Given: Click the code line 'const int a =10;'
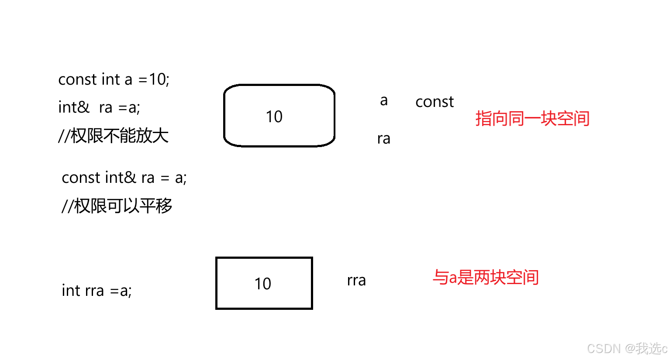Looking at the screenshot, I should pyautogui.click(x=114, y=79).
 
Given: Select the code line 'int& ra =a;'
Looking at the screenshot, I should pyautogui.click(x=99, y=107).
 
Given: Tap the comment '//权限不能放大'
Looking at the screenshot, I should pyautogui.click(x=113, y=136).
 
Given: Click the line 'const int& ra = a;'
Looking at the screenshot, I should pyautogui.click(x=124, y=178).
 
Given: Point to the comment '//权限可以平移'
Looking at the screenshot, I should pyautogui.click(x=117, y=206).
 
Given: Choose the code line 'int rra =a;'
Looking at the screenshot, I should pyautogui.click(x=97, y=291).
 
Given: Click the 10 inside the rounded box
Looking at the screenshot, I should pyautogui.click(x=274, y=117).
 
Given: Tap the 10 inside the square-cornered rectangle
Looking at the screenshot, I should pyautogui.click(x=263, y=284).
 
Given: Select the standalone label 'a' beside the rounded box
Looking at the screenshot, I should pyautogui.click(x=384, y=101).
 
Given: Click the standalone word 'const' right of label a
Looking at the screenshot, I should pyautogui.click(x=435, y=102).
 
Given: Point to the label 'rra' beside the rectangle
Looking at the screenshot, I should pyautogui.click(x=356, y=281).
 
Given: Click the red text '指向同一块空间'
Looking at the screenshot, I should pyautogui.click(x=532, y=119).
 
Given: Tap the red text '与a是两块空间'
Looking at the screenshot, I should pyautogui.click(x=486, y=278).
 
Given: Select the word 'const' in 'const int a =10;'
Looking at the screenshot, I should pyautogui.click(x=77, y=80).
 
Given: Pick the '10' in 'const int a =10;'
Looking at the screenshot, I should pyautogui.click(x=157, y=79).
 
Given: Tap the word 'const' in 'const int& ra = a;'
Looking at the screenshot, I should pyautogui.click(x=81, y=178).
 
